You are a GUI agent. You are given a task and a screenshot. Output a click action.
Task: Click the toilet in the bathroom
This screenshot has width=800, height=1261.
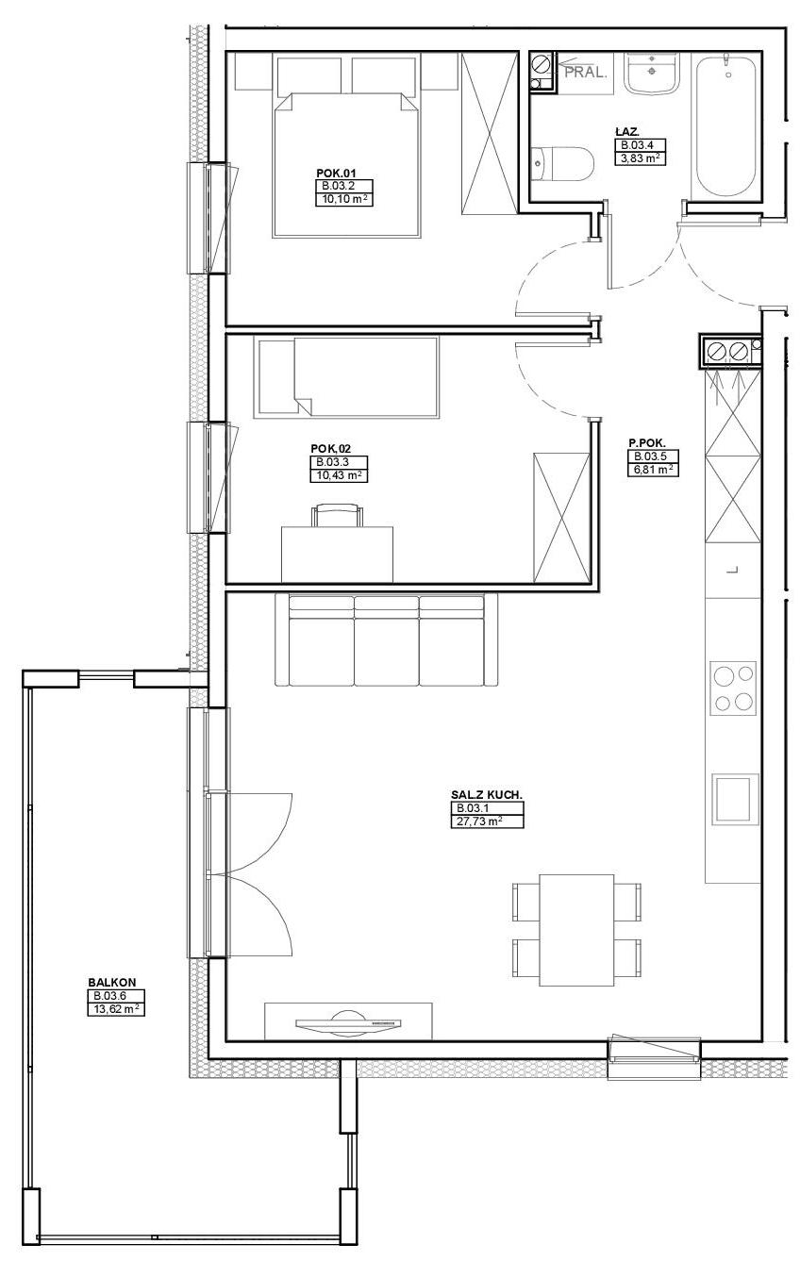point(562,164)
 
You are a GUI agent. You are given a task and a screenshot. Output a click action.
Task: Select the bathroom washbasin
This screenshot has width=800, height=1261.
point(652,74)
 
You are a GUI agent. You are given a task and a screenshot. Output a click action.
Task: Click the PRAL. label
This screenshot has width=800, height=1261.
point(586,73)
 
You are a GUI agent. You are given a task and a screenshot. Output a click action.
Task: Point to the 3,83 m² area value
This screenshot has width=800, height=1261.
point(641,158)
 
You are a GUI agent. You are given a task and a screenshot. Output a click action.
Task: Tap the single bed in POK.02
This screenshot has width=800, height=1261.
point(345,377)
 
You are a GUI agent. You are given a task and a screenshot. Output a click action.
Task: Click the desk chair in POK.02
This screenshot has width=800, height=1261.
point(337,515)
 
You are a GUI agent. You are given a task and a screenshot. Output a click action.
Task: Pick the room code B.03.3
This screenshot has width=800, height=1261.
point(333,462)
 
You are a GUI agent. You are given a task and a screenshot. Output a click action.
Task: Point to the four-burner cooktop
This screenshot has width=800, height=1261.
point(732,688)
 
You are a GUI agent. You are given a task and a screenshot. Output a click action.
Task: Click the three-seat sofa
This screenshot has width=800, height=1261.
point(387,639)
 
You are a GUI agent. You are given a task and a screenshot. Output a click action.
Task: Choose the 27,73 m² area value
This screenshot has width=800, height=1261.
point(476,821)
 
